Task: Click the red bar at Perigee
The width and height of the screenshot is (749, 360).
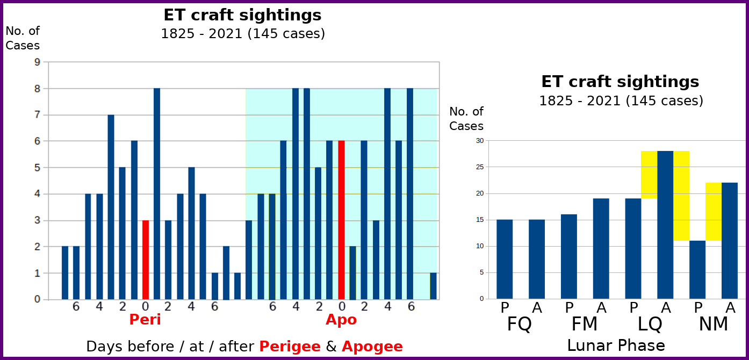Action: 145,260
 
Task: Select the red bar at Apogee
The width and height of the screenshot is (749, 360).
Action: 341,220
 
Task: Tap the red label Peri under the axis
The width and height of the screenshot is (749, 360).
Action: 145,320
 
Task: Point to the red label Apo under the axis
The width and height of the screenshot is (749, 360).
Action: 341,320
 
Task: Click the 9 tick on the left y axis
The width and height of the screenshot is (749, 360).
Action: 37,62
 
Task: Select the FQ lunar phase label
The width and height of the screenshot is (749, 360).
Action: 520,325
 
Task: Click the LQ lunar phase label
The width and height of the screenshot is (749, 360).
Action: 650,325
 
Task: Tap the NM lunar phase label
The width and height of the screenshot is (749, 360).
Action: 714,325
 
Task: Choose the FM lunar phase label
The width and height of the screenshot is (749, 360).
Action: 585,325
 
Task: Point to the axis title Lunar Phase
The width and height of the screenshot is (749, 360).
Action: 616,345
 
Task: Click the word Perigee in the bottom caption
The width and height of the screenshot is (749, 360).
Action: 290,347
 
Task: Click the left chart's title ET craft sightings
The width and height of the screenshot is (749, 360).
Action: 242,15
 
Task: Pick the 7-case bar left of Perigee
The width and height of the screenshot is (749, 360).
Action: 111,207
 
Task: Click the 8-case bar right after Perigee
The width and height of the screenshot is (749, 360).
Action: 157,193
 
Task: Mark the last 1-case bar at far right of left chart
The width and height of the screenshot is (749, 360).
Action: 433,286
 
